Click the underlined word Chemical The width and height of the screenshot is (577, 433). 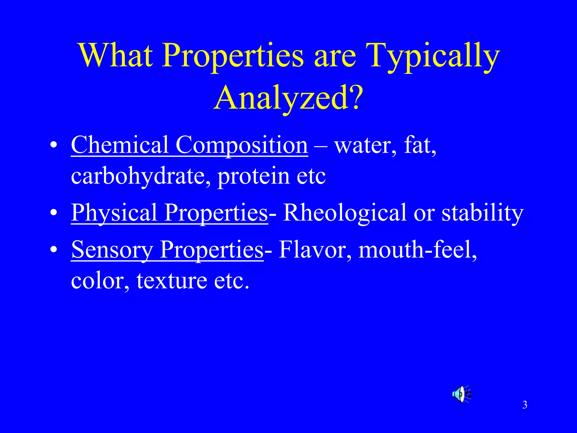tap(119, 145)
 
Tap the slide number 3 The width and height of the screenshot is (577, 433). tap(525, 405)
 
